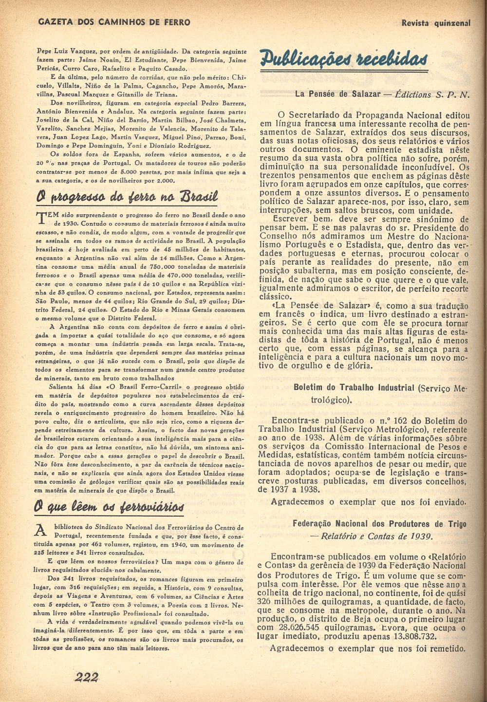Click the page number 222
click(87, 677)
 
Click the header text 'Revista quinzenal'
click(436, 22)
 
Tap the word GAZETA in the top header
click(56, 22)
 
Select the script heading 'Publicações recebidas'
click(344, 59)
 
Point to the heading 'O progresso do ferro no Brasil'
click(127, 197)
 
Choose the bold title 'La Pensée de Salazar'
click(335, 94)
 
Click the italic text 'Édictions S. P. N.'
click(432, 94)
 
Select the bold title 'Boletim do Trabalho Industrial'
click(354, 388)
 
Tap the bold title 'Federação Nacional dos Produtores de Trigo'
click(379, 524)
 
